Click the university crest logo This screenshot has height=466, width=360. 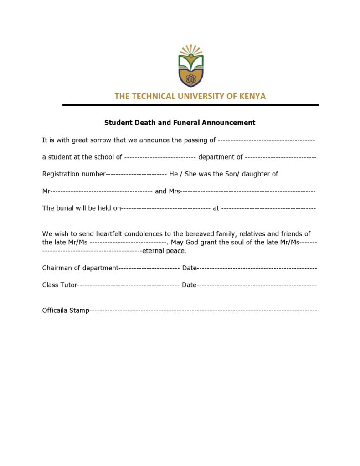190,66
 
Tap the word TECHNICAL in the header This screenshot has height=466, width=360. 152,96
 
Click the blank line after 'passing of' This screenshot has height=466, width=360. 266,140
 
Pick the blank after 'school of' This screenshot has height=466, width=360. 160,157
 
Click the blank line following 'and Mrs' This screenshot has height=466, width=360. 248,191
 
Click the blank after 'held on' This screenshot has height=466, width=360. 165,208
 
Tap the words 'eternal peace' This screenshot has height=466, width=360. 164,251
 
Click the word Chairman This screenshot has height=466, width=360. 57,268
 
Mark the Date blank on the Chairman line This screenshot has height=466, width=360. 257,268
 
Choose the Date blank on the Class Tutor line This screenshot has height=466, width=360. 257,285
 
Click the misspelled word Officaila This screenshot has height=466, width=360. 55,311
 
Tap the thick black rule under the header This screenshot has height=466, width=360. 190,105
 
